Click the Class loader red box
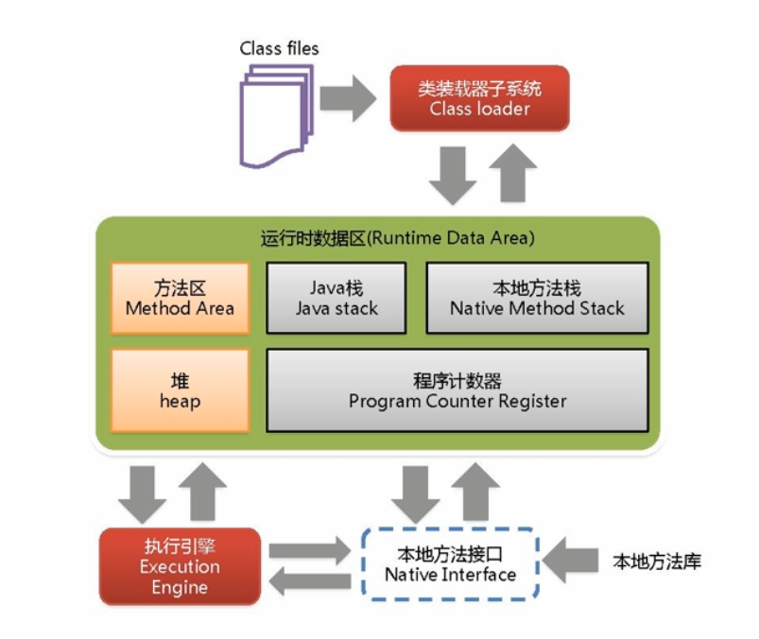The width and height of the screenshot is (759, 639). tap(479, 98)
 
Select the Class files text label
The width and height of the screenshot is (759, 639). tap(279, 48)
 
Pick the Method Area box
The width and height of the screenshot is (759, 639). tap(180, 298)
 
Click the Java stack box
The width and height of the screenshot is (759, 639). tap(336, 298)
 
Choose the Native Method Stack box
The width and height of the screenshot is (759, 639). tap(537, 298)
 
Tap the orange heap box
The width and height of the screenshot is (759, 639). tap(180, 390)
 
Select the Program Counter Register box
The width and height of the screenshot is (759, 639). tap(457, 390)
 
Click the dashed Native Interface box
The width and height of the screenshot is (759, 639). tap(450, 563)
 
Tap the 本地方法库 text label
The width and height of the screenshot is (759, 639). tap(657, 562)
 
